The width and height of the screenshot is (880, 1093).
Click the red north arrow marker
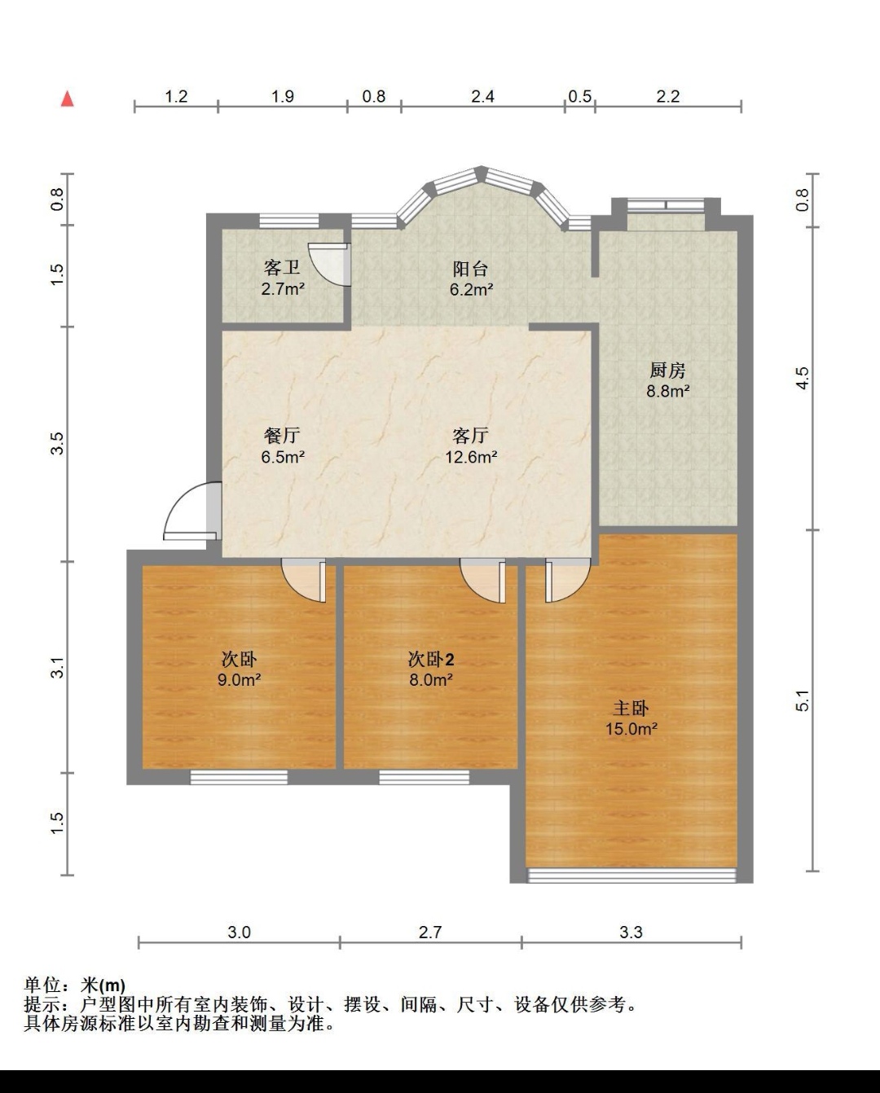pos(68,99)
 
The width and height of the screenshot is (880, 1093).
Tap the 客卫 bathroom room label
pos(282,268)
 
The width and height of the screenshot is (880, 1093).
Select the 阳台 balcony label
pos(470,268)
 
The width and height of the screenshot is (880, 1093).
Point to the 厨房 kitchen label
pos(667,371)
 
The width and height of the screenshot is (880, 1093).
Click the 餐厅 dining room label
pos(282,435)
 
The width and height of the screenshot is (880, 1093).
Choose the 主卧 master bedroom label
pos(631,708)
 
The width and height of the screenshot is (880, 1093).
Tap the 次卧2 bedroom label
pos(431,659)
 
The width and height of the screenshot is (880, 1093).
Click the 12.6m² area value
pos(471,457)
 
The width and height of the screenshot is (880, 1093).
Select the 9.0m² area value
pos(239,679)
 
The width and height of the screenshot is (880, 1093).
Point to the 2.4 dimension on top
pos(482,96)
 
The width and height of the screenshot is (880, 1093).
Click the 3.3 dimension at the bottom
pos(631,932)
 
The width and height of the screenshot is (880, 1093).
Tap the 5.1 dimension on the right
pos(803,700)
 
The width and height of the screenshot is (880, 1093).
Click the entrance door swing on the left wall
pos(191,511)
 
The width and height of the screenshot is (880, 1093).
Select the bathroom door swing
pos(329,264)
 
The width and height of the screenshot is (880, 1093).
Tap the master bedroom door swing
pos(568,581)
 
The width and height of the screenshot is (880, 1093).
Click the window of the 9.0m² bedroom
pos(239,777)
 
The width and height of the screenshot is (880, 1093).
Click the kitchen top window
pos(666,205)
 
